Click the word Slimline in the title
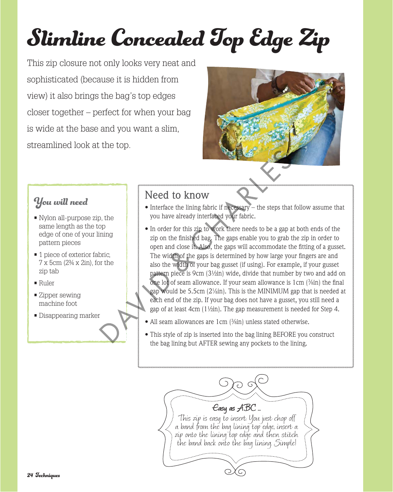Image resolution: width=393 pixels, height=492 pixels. pyautogui.click(x=66, y=39)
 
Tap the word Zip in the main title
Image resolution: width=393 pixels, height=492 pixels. pyautogui.click(x=314, y=39)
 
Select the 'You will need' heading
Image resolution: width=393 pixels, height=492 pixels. pyautogui.click(x=61, y=202)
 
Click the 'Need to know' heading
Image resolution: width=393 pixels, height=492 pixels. pyautogui.click(x=177, y=195)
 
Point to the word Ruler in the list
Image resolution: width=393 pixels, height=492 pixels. pyautogui.click(x=47, y=283)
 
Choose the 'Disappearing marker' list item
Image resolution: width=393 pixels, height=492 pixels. pyautogui.click(x=69, y=316)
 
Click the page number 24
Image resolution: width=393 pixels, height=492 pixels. pyautogui.click(x=30, y=475)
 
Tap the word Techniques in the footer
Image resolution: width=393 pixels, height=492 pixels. pyautogui.click(x=48, y=475)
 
